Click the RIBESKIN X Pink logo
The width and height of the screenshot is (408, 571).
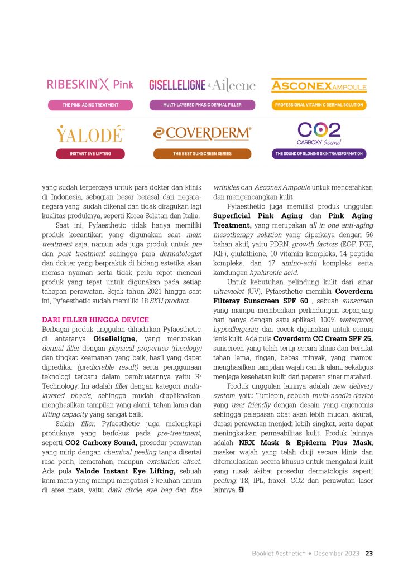(90, 85)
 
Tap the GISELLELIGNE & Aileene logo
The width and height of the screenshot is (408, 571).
(201, 85)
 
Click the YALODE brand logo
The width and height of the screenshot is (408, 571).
(90, 134)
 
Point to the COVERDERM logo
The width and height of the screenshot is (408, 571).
(201, 133)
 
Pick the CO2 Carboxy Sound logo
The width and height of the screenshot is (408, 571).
(319, 134)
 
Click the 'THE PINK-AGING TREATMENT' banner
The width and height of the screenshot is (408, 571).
(90, 104)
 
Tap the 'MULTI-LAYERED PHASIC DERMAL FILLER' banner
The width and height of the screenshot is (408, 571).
(201, 104)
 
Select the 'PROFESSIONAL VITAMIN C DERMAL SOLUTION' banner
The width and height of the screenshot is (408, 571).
(319, 104)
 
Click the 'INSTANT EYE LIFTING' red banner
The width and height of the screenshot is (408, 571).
(90, 153)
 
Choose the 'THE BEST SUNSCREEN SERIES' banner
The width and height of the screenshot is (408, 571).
(201, 153)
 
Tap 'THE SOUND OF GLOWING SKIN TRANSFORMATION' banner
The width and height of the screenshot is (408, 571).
(319, 153)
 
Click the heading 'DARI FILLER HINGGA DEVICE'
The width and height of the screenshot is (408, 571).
(95, 320)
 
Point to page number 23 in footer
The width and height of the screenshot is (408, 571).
(369, 554)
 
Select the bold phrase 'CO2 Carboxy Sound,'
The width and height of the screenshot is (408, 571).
(105, 443)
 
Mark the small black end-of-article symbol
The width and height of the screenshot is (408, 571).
(241, 490)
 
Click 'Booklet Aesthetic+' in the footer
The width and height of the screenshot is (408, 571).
(277, 554)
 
